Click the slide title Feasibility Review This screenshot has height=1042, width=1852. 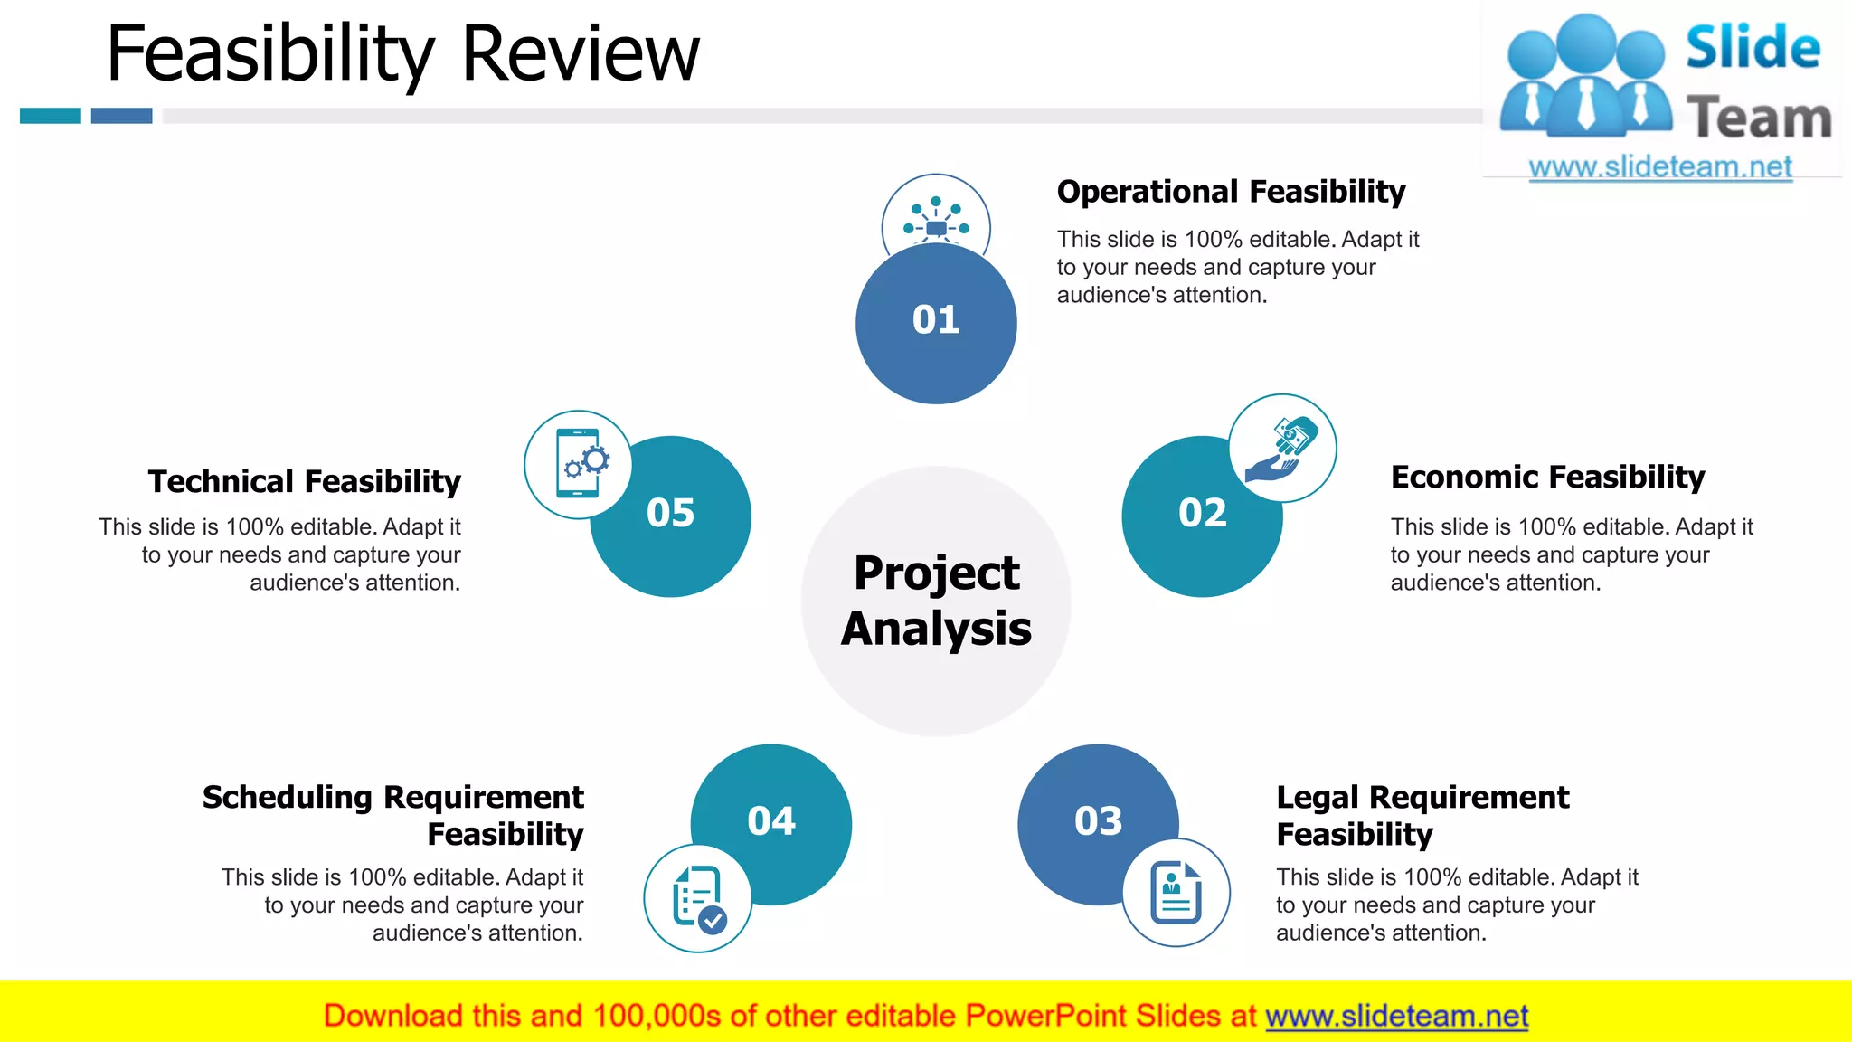coord(402,54)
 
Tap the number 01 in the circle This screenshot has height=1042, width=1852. coord(935,320)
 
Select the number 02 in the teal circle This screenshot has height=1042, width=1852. coord(1202,514)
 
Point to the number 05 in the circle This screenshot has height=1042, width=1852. coord(670,514)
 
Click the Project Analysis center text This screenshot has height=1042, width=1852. coord(936,601)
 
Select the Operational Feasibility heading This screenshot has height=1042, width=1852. coord(1231,192)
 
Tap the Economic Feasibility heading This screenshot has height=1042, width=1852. coord(1547,477)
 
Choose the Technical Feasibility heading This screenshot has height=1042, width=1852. coord(305,481)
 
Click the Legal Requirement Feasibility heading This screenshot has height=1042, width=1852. coord(1422,815)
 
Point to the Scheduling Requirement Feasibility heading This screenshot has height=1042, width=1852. coord(393,815)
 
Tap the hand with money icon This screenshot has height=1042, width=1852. coord(1282,448)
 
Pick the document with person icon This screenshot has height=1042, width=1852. coord(1176,893)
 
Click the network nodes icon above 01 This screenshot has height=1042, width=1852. coord(936,217)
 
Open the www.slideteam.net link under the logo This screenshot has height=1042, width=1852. coord(1660,167)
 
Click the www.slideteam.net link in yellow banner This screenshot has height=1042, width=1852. coord(1396,1017)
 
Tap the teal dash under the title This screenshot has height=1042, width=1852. coord(51,116)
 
